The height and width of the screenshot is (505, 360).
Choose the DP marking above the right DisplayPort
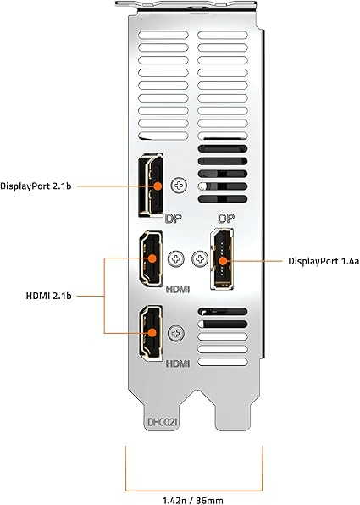[225, 219]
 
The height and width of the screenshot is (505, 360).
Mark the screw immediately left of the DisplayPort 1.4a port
[201, 258]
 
